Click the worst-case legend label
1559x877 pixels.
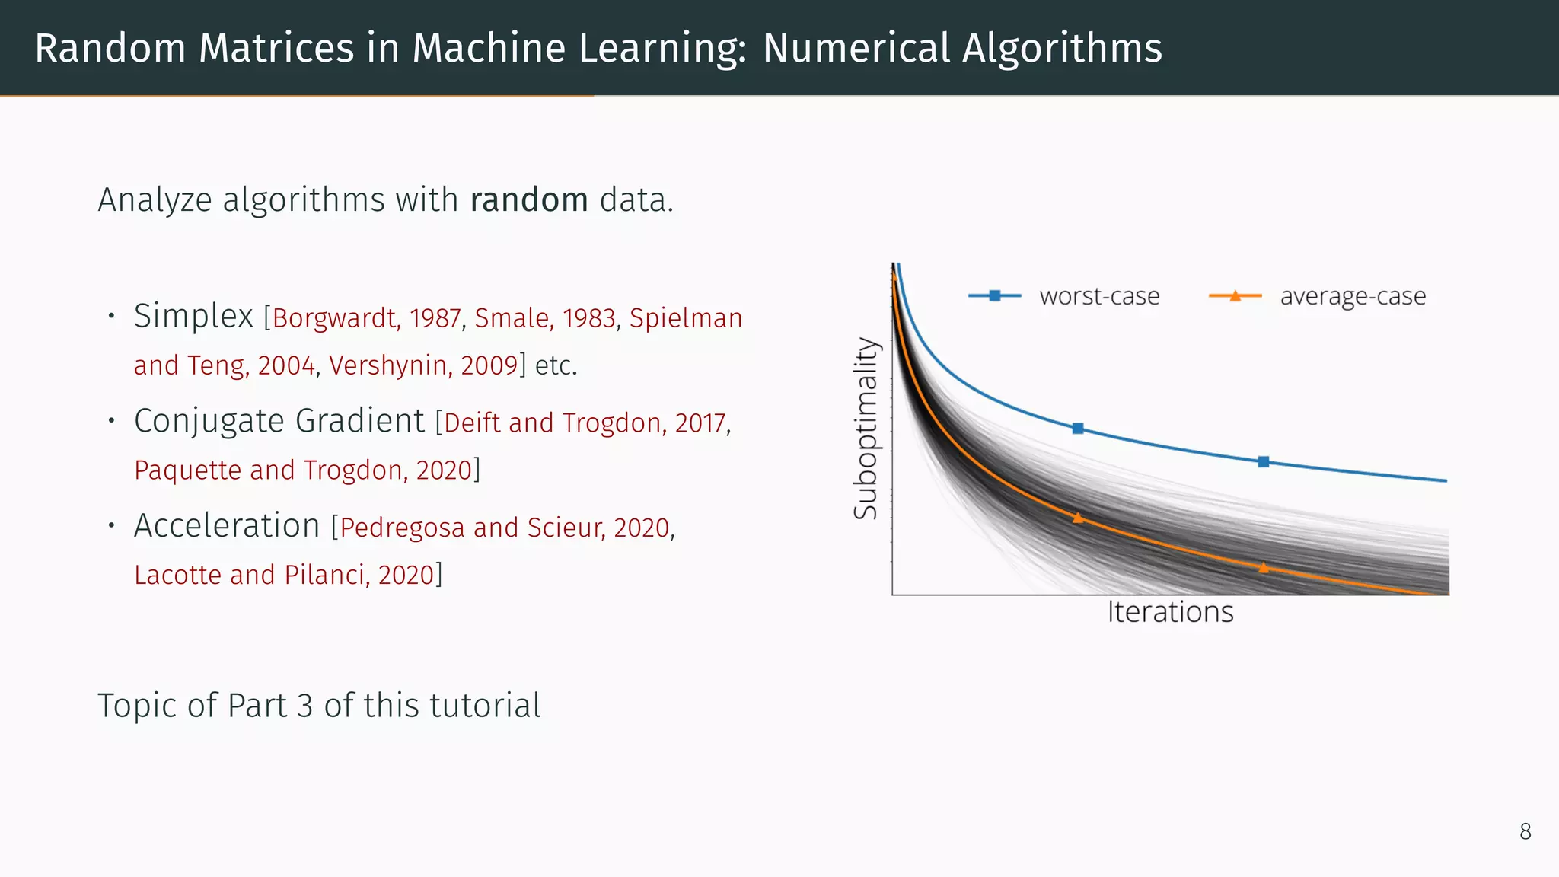(1099, 295)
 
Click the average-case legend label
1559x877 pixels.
(1353, 295)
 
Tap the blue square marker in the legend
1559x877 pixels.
(994, 295)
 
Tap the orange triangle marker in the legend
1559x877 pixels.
(1235, 295)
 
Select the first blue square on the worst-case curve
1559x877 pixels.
(1078, 429)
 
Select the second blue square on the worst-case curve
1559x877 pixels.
(1264, 461)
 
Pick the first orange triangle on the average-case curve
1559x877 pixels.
(1078, 518)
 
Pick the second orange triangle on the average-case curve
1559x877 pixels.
(1264, 568)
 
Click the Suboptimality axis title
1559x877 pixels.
(866, 428)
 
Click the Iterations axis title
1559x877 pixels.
(1170, 612)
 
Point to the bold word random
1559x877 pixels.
(529, 200)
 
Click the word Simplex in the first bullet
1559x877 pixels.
(193, 316)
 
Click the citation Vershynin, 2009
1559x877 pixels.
(423, 365)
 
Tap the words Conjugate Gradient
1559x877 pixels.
(279, 421)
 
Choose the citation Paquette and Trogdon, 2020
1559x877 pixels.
(304, 470)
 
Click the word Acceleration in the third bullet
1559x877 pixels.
(227, 526)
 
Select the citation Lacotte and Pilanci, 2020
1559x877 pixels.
(284, 575)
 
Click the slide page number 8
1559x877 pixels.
(1525, 831)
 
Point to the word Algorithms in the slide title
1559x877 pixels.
(1062, 48)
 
